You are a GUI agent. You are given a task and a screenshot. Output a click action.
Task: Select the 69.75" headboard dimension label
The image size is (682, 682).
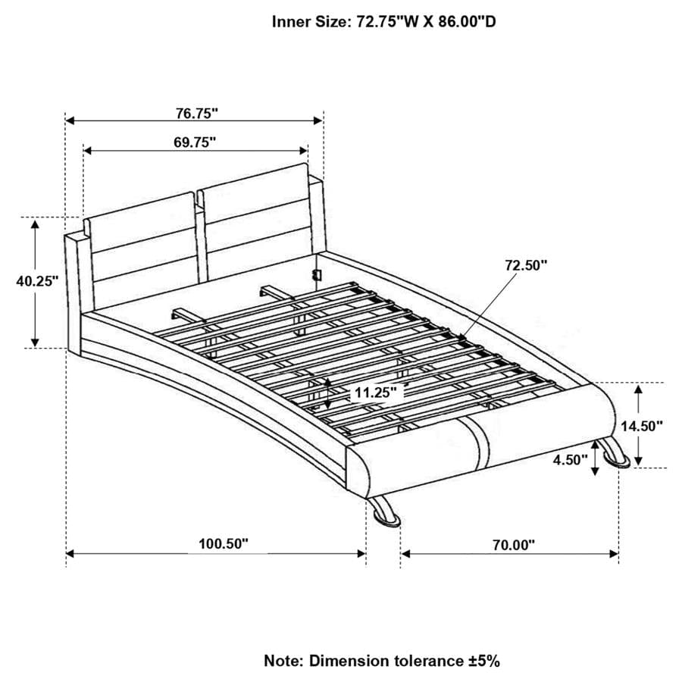click(x=194, y=142)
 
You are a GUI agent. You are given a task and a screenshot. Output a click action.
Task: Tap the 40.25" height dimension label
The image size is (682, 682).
click(x=37, y=280)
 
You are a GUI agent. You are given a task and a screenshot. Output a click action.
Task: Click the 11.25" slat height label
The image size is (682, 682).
click(x=374, y=393)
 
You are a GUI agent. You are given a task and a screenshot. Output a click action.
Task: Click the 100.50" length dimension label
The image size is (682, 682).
click(x=224, y=543)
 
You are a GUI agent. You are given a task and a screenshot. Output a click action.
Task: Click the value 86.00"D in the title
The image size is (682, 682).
click(x=462, y=22)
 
